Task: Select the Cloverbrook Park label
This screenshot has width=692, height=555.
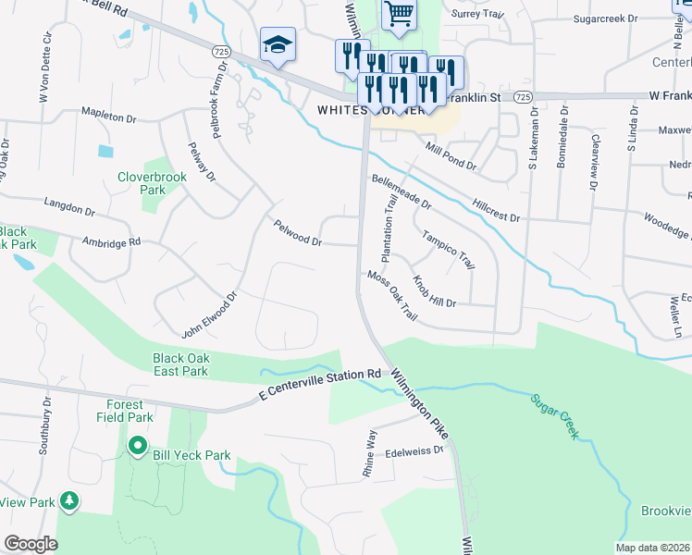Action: click(x=140, y=183)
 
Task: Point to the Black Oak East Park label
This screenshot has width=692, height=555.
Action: click(x=180, y=364)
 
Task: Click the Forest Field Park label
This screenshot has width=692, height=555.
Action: click(x=124, y=411)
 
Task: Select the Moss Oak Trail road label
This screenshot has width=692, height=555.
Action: click(x=392, y=297)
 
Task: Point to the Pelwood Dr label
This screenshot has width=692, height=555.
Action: click(x=297, y=232)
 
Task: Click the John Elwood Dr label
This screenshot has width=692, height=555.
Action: click(x=210, y=314)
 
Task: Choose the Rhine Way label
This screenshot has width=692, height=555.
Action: click(x=369, y=453)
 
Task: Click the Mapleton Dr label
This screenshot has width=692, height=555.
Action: click(x=108, y=117)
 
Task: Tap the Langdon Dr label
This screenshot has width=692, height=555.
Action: click(x=69, y=204)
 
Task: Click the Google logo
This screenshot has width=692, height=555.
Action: click(x=31, y=543)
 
